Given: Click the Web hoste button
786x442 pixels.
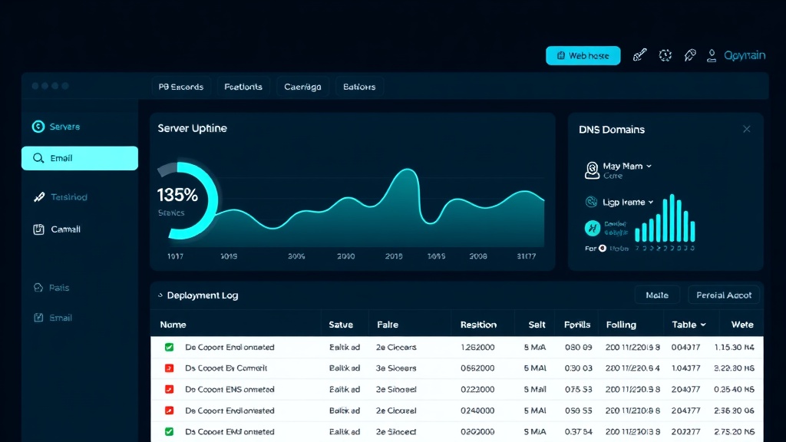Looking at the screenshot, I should click(x=583, y=55).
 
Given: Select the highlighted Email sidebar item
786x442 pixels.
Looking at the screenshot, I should click(x=80, y=158).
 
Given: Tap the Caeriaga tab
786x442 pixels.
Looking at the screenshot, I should click(x=302, y=87).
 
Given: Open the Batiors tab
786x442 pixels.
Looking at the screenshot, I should click(x=359, y=87).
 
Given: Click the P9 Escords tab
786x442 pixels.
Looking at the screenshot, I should click(x=181, y=87).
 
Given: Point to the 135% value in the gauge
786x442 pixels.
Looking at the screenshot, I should click(x=177, y=195).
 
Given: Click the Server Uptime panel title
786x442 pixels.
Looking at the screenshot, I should click(x=192, y=128).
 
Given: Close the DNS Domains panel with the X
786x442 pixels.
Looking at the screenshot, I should click(x=746, y=129).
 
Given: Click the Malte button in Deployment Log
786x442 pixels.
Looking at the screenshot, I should click(x=657, y=295).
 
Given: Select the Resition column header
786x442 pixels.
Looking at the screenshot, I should click(x=478, y=325).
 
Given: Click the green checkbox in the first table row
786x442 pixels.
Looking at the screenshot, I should click(x=169, y=347).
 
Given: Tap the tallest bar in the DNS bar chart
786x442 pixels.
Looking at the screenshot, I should click(x=672, y=218).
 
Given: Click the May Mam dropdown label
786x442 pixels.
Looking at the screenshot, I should click(x=623, y=166).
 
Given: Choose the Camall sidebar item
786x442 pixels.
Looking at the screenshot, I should click(x=65, y=229).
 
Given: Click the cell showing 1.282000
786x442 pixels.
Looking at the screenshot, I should click(x=477, y=347).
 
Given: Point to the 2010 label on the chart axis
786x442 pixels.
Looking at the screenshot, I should click(x=345, y=256).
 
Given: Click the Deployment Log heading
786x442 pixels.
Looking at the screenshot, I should click(x=203, y=295).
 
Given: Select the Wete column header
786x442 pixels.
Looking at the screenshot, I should click(x=741, y=325).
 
